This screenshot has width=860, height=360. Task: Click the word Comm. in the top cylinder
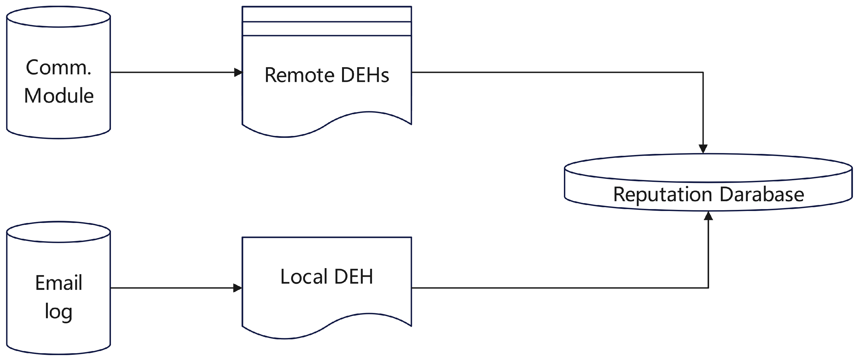coord(58,68)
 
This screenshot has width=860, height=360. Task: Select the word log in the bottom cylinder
coord(58,312)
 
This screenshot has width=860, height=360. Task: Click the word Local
coord(303,277)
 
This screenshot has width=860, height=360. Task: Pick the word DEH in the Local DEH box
coord(353,277)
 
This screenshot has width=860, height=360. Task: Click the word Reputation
coord(663,194)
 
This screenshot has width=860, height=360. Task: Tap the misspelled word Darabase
coord(762,194)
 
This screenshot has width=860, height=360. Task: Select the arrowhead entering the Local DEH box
coord(238,288)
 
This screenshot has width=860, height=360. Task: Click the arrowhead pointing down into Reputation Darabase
coord(703,149)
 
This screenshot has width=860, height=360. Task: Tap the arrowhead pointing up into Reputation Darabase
coord(709,216)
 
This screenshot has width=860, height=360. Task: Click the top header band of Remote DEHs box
coord(327,14)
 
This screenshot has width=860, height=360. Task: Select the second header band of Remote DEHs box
coord(327,29)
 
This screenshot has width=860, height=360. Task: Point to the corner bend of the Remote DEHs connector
coord(703,72)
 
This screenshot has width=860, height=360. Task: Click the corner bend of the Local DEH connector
coord(709,288)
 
